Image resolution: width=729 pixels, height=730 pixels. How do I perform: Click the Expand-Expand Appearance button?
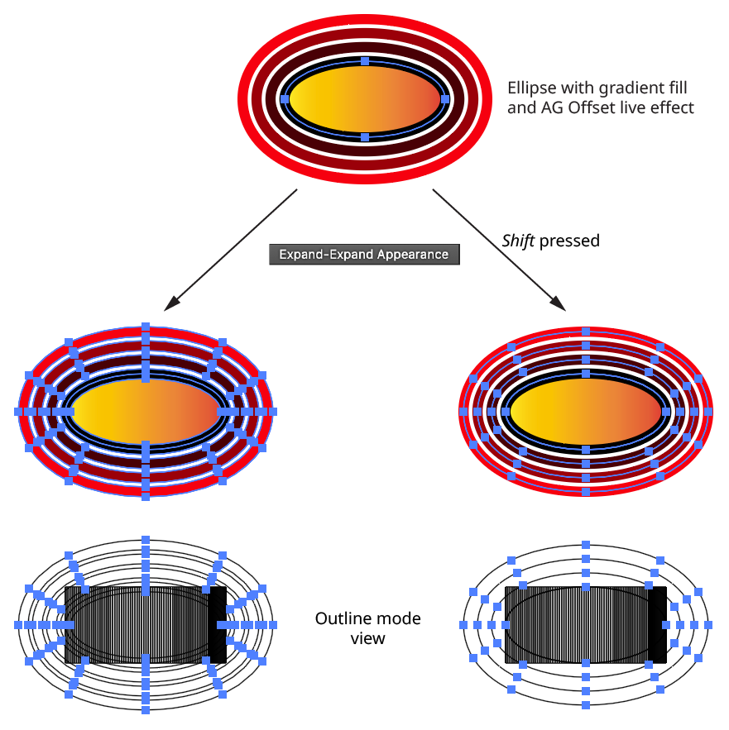(364, 255)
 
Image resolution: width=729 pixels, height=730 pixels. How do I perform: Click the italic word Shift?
(519, 241)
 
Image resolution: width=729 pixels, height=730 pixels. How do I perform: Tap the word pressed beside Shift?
(569, 241)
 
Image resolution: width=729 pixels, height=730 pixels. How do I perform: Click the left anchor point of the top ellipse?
(285, 98)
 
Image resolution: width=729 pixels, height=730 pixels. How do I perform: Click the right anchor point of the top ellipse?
(446, 98)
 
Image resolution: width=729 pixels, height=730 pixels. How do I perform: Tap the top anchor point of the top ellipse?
(366, 61)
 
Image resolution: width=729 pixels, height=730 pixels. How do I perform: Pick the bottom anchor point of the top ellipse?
(366, 136)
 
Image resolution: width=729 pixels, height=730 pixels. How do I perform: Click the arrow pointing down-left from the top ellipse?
(232, 249)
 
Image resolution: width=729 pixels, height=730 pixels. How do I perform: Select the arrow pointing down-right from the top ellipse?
(498, 249)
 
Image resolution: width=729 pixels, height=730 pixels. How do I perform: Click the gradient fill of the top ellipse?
(366, 99)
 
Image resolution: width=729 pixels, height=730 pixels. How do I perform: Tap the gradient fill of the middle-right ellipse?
(586, 410)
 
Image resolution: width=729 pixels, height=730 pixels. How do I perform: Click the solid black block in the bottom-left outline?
(218, 625)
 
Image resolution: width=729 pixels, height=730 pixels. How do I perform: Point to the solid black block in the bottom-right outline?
(658, 625)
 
